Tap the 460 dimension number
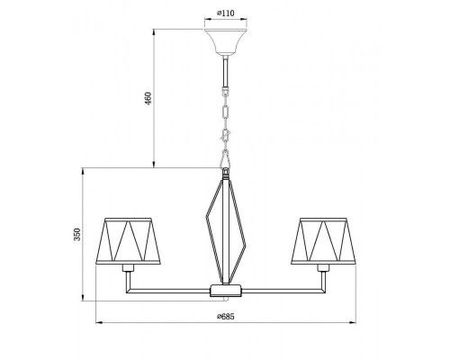(148, 100)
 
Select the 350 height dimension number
(77, 236)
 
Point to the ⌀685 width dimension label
(224, 317)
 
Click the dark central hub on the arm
(224, 291)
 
